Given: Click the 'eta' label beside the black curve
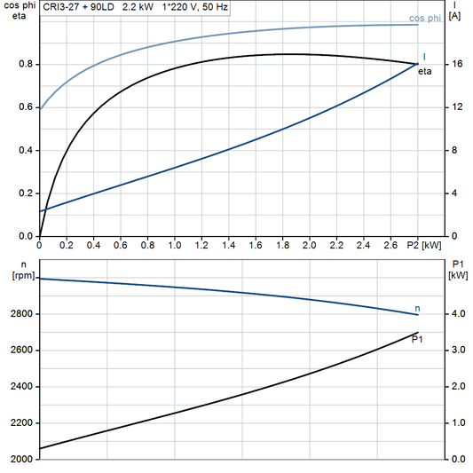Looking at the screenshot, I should [425, 71].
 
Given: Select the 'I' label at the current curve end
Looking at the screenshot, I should [423, 56].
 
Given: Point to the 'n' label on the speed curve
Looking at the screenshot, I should [418, 308].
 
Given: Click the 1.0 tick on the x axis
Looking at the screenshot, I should [175, 244].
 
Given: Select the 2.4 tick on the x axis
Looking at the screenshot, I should [363, 244].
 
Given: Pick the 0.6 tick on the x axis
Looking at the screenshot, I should [121, 244].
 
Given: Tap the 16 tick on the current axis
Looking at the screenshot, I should [455, 64].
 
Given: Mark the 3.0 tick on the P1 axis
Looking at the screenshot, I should [458, 351].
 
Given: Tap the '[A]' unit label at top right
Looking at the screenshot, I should [455, 17].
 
